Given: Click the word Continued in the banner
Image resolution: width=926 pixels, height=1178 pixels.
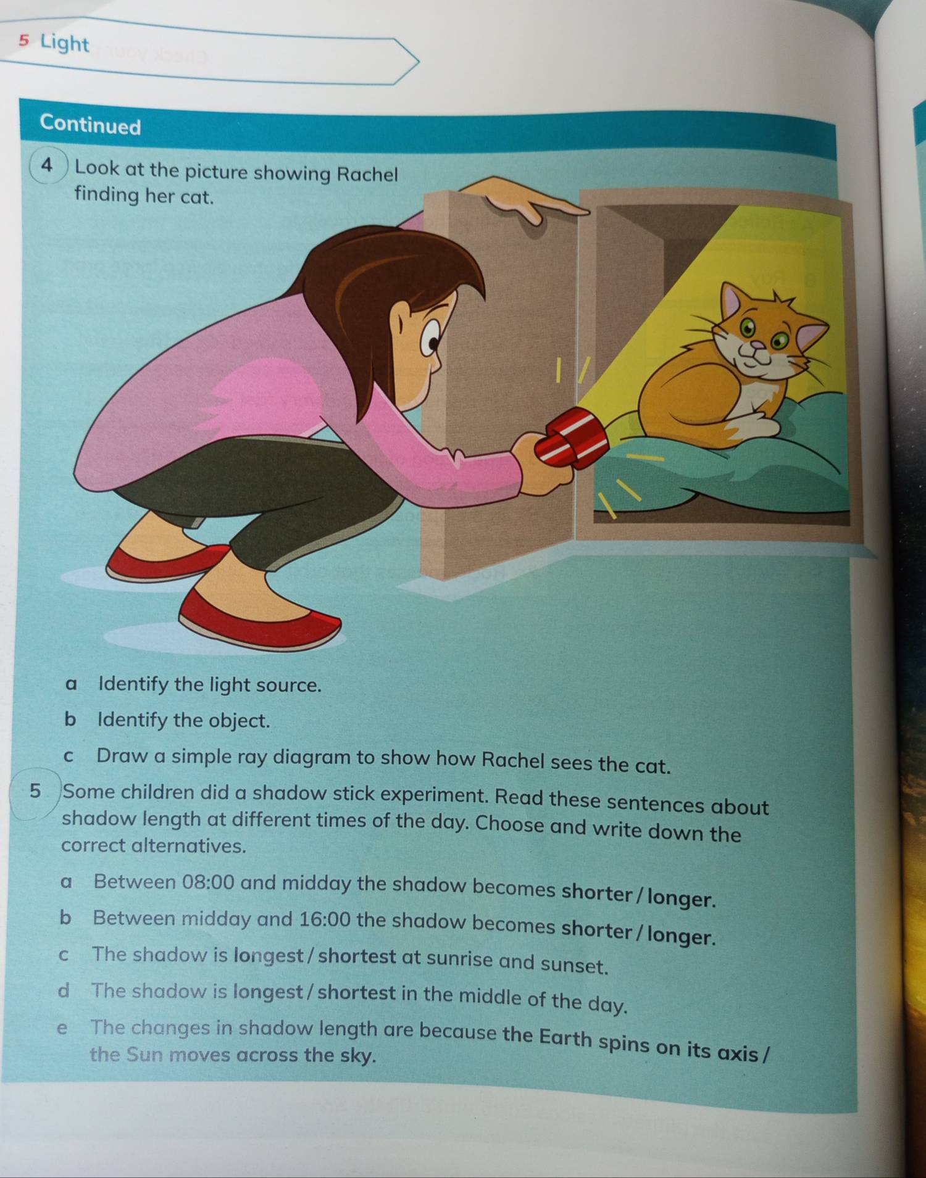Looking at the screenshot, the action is pyautogui.click(x=91, y=125).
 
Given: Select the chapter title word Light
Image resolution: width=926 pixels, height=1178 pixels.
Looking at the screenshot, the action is pyautogui.click(x=65, y=43).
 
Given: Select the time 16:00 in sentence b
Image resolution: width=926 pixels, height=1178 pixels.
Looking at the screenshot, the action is pyautogui.click(x=325, y=920).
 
